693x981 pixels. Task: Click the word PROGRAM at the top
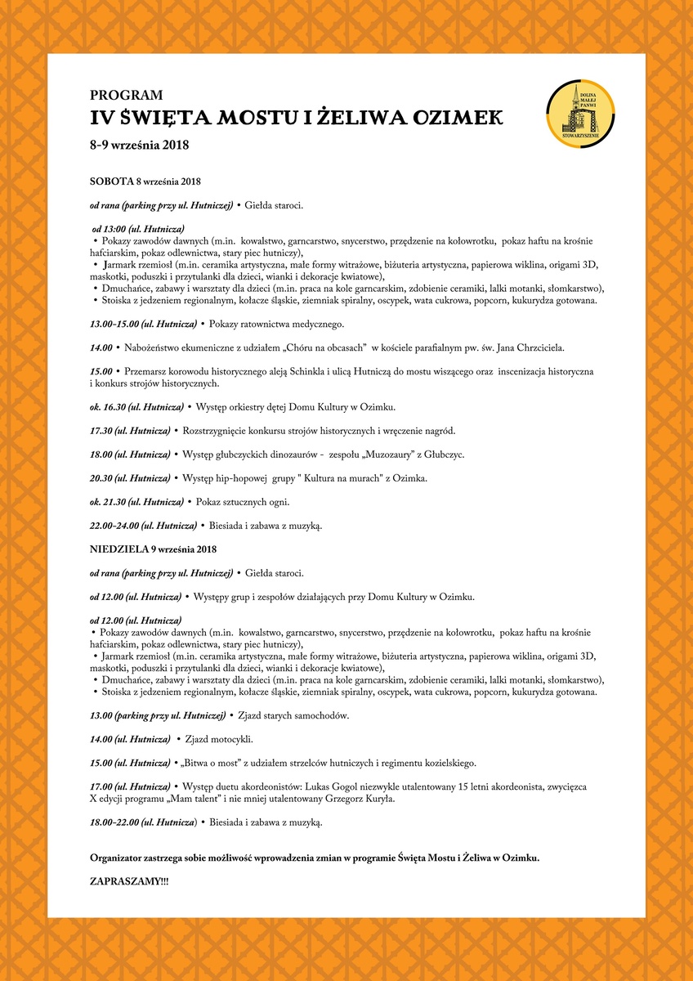point(126,95)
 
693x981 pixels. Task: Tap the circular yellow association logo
point(579,114)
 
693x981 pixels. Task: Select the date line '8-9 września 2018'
point(140,146)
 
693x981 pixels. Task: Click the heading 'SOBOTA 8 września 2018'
point(145,181)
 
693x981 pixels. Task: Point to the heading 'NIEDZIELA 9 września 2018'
point(154,548)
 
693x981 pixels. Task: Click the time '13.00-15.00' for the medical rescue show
point(115,325)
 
